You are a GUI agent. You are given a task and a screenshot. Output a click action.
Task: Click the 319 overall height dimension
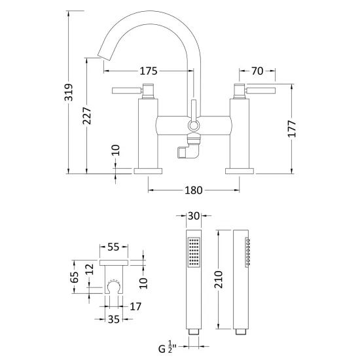69,92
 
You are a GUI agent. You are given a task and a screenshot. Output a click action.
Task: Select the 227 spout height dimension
87,115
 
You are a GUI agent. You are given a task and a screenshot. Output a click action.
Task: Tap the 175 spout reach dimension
149,71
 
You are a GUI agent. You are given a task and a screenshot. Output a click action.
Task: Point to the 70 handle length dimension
257,71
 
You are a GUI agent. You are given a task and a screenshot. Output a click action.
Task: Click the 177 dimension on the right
292,128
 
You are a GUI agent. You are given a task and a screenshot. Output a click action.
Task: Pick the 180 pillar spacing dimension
194,190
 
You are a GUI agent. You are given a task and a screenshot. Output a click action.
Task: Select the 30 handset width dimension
194,216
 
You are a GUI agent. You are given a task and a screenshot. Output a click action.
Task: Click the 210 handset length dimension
219,279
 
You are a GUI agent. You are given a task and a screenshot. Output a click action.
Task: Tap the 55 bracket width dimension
114,247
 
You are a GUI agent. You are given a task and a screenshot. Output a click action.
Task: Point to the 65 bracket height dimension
75,277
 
